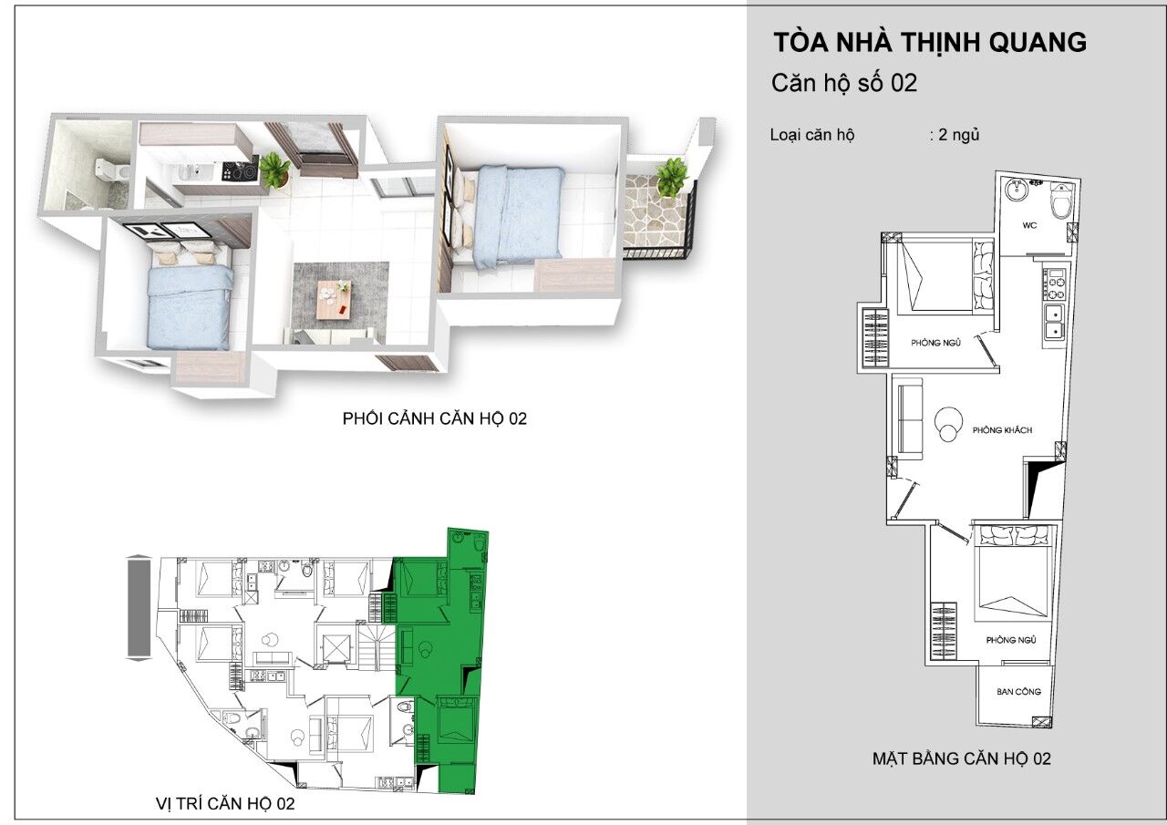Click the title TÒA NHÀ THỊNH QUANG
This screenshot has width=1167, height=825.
pos(929,43)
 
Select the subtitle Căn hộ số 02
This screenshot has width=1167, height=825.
pos(844,83)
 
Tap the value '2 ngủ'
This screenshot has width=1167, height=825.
pos(955,135)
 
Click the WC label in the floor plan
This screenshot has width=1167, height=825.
pos(1030,225)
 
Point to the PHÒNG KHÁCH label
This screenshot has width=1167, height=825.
pos(1002,430)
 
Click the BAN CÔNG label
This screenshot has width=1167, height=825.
pos(1019,692)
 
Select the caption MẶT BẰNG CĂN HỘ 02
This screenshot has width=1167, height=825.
pos(962,758)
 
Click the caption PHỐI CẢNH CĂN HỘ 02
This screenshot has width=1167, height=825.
pos(435,418)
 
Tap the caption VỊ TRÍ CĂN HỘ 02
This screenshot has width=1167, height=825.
pos(225,804)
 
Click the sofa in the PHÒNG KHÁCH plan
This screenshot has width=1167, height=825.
pos(910,418)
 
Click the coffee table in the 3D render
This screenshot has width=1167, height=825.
pos(334,296)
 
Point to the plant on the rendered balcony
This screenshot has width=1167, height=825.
pos(672,178)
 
